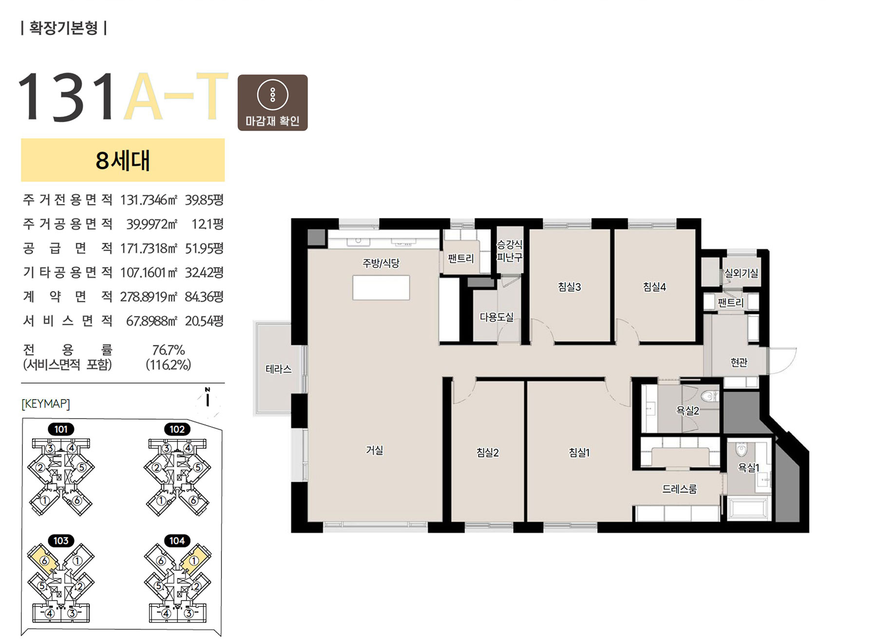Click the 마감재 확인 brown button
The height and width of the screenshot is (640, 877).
pos(272,103)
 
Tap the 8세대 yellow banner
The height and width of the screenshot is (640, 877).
pos(123,160)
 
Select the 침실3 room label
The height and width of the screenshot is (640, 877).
pos(570,287)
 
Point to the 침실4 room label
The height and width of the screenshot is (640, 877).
pos(654,287)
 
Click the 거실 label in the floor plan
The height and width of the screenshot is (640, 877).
pos(375,450)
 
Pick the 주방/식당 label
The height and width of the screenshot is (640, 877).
pos(381,263)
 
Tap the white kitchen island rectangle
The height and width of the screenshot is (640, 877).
pos(381,288)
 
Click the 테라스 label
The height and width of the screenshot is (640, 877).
pos(279,369)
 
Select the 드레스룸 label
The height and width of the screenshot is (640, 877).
pos(679,489)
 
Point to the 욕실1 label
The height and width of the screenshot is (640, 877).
pos(748,468)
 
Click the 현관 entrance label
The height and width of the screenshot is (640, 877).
pos(739,362)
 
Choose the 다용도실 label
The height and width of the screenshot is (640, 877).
pos(496,317)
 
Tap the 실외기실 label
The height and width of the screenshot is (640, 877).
pos(741,273)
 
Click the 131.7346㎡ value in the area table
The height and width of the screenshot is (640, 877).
pos(149,200)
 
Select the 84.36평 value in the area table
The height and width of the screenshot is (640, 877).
pos(204,296)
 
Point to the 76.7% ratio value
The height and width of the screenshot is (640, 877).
pos(169,350)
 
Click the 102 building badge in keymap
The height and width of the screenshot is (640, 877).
pos(177,429)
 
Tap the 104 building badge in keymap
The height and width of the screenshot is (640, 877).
pos(177,541)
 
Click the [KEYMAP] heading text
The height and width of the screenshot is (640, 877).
pos(46,403)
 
